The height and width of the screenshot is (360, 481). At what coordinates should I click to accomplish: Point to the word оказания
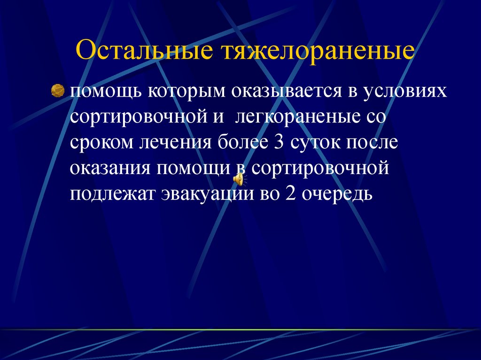tap(110, 168)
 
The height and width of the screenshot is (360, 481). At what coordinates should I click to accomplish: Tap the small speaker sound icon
tap(239, 179)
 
